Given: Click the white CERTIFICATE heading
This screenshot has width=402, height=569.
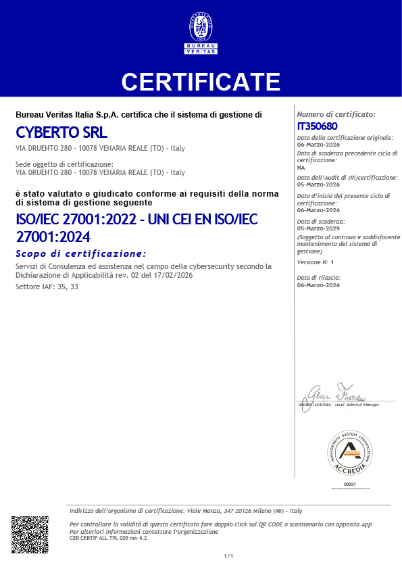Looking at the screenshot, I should [201, 81].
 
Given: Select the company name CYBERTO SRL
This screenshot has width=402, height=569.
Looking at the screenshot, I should [61, 132].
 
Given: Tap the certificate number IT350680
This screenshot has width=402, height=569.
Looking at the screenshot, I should [317, 126].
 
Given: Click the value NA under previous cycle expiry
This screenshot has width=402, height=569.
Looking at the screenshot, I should [301, 166].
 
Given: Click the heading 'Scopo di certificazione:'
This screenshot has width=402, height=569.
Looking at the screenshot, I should [80, 253].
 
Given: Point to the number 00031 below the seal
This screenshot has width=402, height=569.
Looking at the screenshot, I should [349, 485].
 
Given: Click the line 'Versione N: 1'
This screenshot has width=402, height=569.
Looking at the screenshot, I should [316, 261].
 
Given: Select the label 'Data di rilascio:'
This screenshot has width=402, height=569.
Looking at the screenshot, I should [319, 278].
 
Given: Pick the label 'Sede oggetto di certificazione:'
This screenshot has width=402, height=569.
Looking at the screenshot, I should [64, 164].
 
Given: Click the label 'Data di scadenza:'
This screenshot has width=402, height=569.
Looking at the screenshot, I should [321, 220].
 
